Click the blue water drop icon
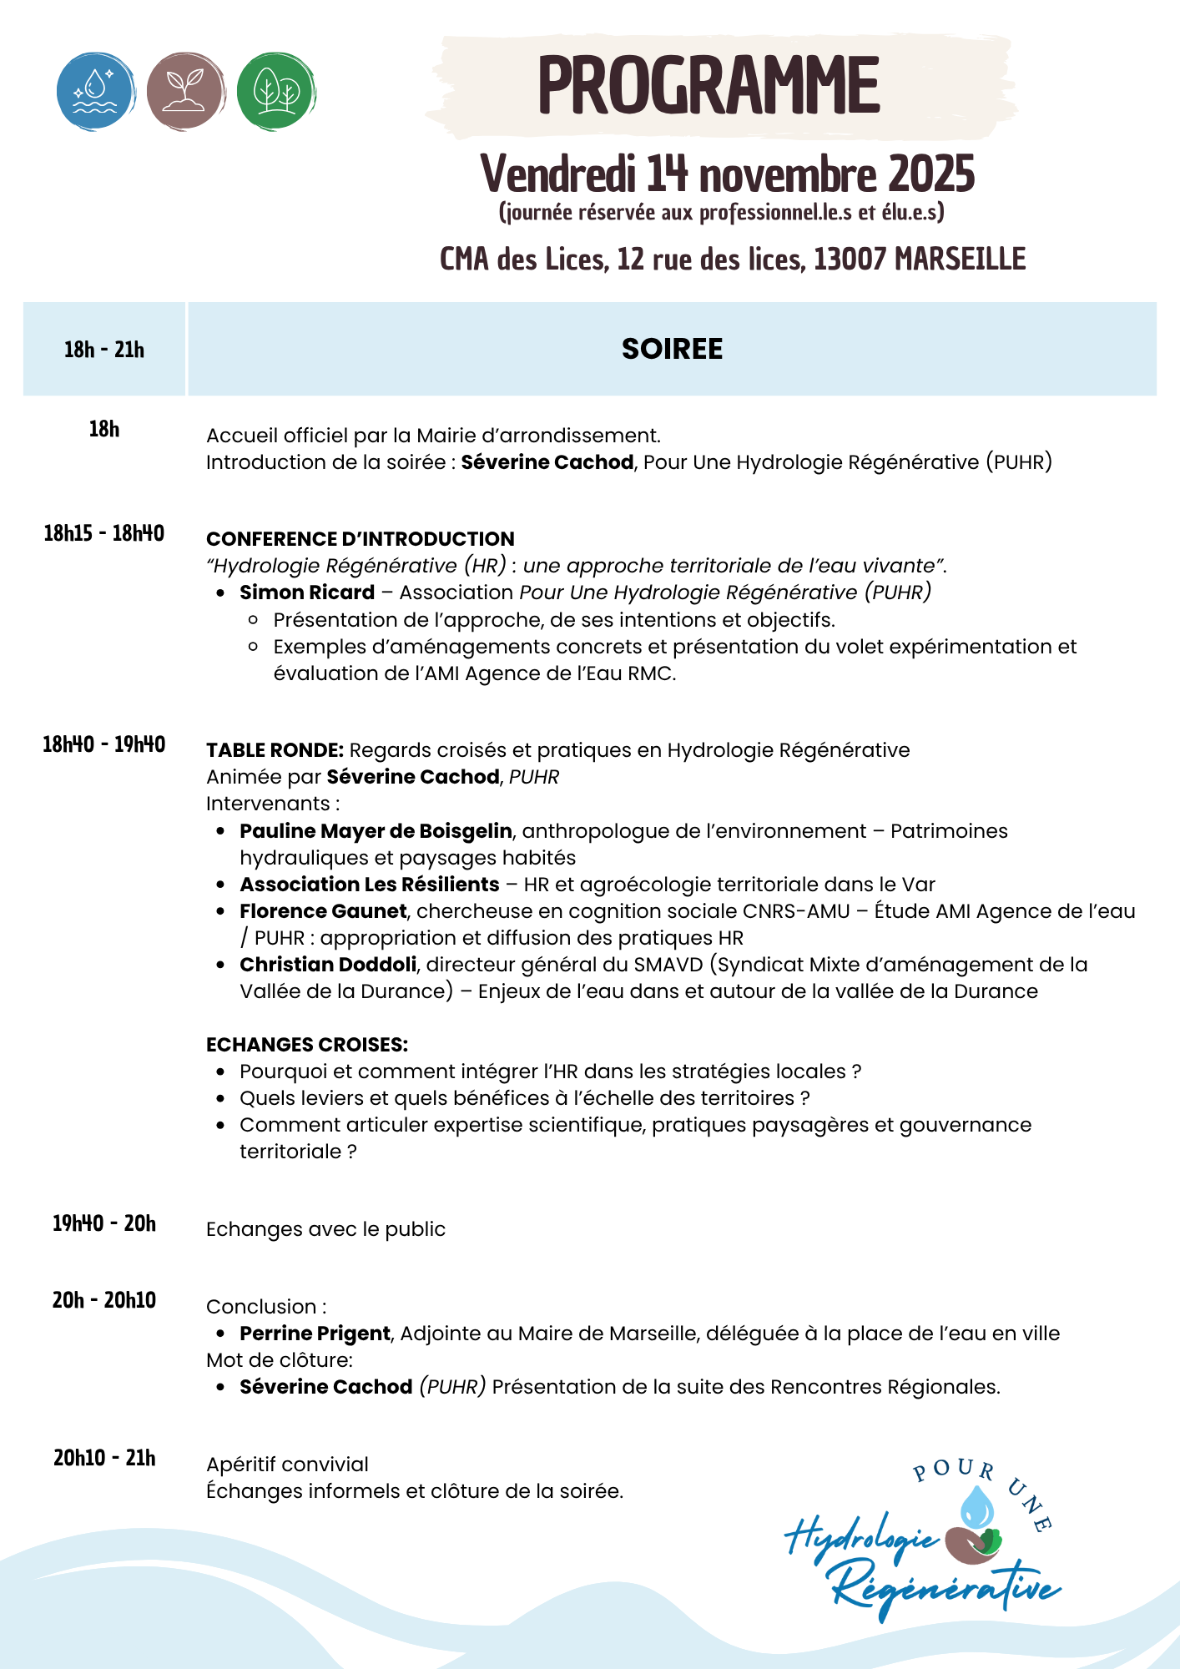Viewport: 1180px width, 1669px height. click(x=96, y=91)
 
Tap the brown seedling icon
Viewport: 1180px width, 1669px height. click(x=185, y=91)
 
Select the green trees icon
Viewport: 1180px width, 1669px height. click(x=276, y=91)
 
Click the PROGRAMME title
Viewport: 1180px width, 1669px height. click(x=709, y=85)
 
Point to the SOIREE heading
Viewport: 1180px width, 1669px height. click(x=672, y=349)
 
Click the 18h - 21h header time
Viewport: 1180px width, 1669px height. click(x=104, y=350)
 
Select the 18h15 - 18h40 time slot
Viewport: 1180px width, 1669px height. click(x=104, y=533)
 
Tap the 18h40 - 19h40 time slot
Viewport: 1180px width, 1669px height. click(x=104, y=744)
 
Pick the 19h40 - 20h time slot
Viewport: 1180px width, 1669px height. click(x=104, y=1223)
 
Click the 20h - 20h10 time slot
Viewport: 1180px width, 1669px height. click(x=104, y=1300)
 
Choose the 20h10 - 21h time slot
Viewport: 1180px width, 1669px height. click(x=104, y=1458)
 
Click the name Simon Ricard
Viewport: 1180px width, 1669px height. click(x=307, y=592)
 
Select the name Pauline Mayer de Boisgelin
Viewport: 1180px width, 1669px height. click(x=376, y=831)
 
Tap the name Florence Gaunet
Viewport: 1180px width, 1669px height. click(x=323, y=911)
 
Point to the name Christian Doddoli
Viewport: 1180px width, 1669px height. click(x=328, y=965)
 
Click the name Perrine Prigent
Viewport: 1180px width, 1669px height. click(x=315, y=1334)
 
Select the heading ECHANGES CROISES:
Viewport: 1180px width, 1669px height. click(x=307, y=1045)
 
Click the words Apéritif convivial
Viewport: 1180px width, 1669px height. click(x=287, y=1465)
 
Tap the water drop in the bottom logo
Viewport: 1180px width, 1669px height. click(x=977, y=1507)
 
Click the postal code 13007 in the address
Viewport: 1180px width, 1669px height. click(x=850, y=260)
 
